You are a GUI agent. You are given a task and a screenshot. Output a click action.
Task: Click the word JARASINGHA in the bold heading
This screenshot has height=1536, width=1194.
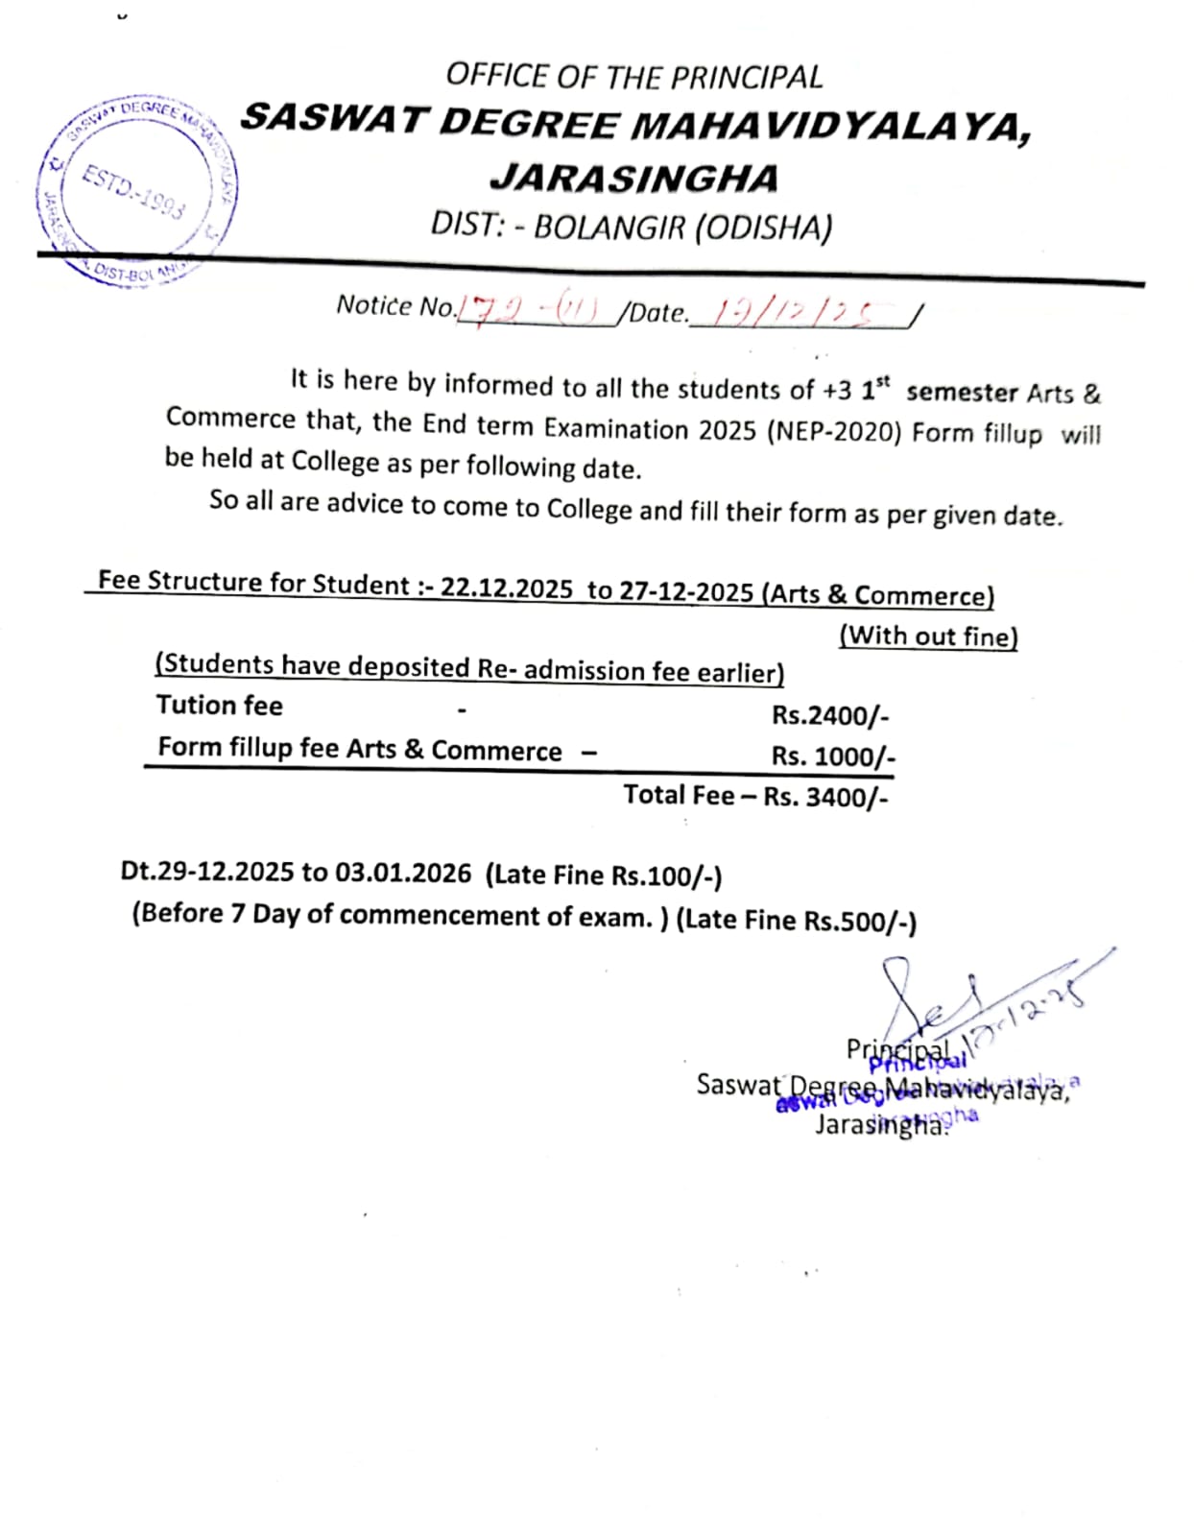click(x=634, y=179)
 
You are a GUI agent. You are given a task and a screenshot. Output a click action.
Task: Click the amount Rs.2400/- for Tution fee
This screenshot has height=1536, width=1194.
click(x=830, y=716)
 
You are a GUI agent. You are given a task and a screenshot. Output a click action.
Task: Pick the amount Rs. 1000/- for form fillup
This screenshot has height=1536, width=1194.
click(x=833, y=756)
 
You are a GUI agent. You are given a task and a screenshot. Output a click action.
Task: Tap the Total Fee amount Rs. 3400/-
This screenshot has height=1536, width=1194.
click(x=825, y=797)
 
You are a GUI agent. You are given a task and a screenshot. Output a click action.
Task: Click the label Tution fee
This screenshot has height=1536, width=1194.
click(x=220, y=706)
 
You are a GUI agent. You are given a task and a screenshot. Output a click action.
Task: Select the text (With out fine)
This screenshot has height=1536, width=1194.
click(x=928, y=636)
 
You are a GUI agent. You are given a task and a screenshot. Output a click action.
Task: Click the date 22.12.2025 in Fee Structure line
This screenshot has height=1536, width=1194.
click(x=507, y=588)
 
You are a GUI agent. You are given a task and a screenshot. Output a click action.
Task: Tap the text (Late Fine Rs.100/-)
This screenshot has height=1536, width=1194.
click(x=604, y=876)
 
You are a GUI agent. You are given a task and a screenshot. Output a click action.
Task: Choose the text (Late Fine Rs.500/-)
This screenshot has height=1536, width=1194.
click(x=797, y=920)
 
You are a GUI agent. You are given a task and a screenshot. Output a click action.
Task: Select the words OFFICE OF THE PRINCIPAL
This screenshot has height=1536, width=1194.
click(x=634, y=77)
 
